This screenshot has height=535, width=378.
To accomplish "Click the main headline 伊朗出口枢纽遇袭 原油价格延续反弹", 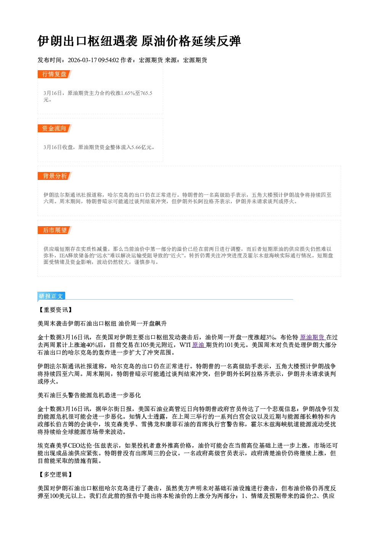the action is (x=139, y=41).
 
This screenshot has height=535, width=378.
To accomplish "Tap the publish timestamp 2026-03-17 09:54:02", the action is (x=93, y=60).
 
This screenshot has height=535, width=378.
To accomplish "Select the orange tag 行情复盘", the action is (x=54, y=74).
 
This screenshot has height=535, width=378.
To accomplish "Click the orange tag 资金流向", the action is (x=54, y=128).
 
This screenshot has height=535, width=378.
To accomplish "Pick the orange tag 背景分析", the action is (x=54, y=176).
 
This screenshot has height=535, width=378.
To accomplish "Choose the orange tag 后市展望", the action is (x=54, y=230).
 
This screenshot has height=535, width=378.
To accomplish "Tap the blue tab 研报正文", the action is (x=51, y=296).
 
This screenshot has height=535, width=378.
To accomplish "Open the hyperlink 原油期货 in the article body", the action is (x=312, y=337).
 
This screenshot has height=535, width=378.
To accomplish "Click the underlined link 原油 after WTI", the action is (x=199, y=345).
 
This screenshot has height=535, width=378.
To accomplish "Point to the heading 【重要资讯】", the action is (x=55, y=310).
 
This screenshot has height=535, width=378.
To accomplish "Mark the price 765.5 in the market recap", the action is (x=146, y=93).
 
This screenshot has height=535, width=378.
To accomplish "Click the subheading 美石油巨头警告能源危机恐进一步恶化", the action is (x=89, y=395).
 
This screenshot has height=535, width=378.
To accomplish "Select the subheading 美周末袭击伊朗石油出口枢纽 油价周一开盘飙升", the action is (x=102, y=324).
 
